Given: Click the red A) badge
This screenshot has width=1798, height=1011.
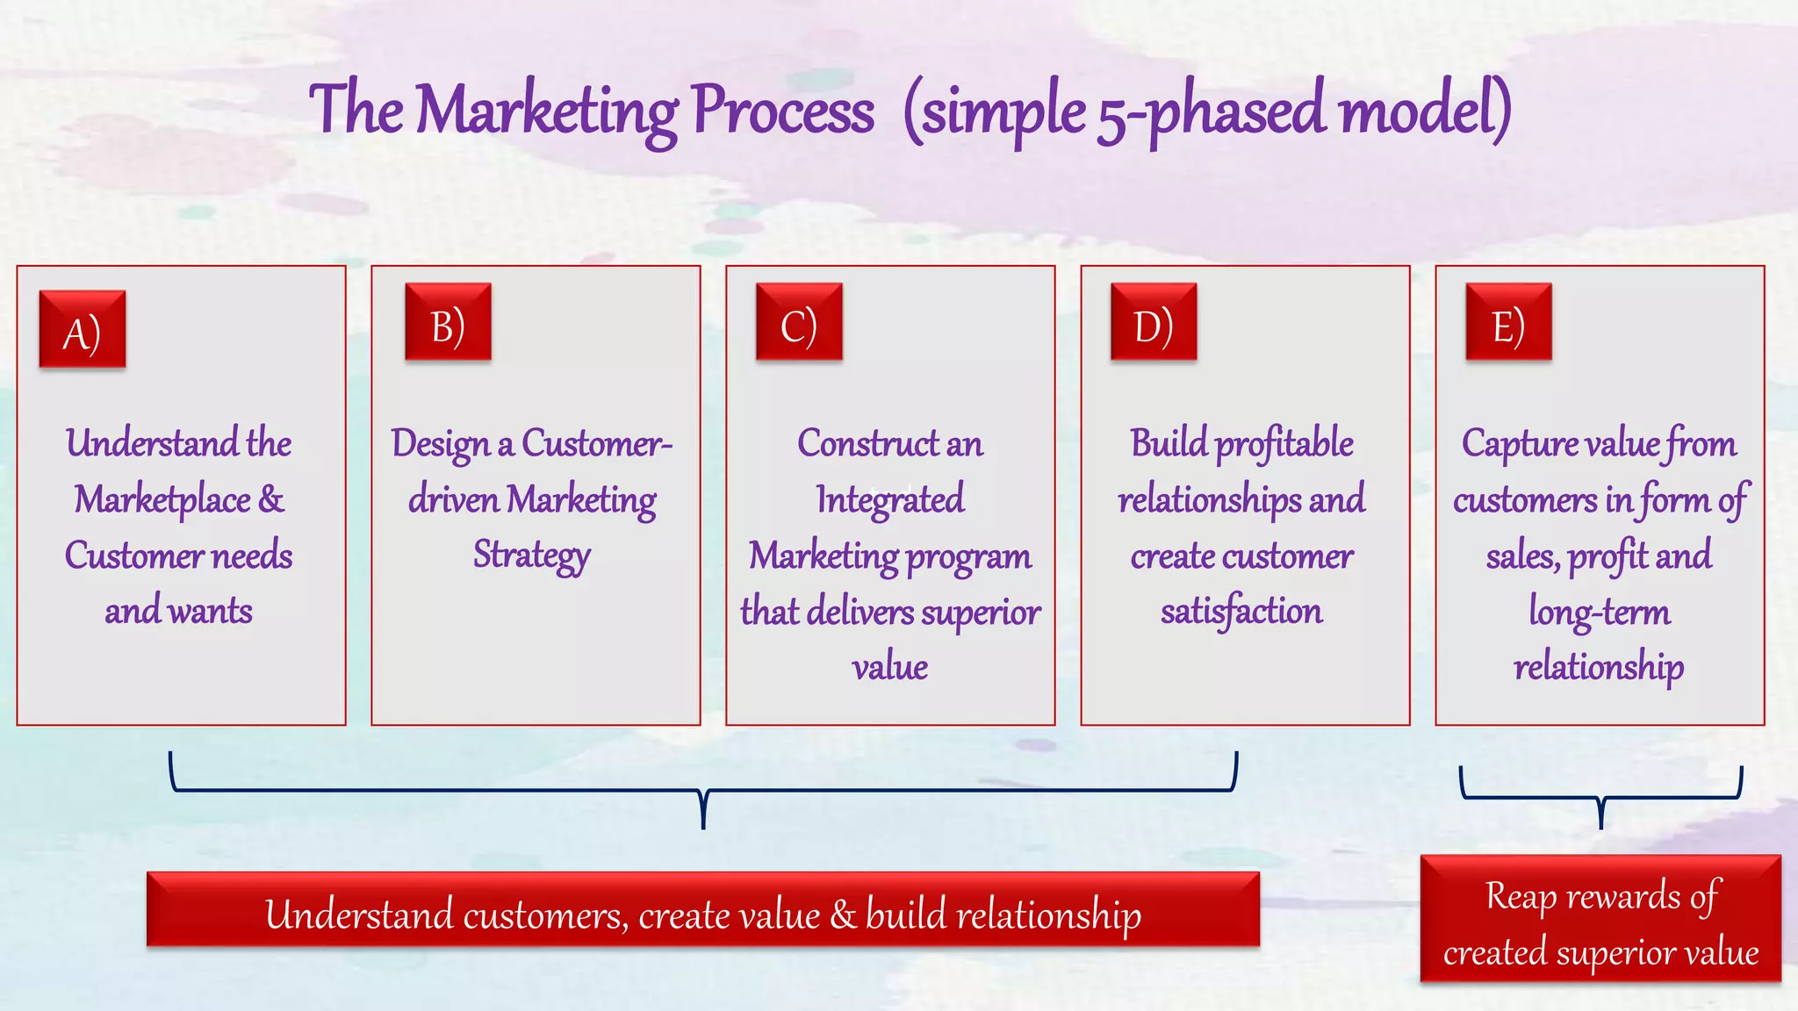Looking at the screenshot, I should [83, 329].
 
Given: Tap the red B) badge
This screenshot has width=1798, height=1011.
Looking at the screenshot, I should [448, 322].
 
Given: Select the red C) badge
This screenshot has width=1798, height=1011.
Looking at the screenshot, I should [799, 322].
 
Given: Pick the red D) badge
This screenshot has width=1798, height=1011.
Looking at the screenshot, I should [1154, 322].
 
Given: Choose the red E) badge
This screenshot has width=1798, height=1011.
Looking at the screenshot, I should [1508, 322].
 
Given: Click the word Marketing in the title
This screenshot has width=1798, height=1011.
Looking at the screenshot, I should [546, 111].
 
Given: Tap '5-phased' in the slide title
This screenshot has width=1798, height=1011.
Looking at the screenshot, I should [1212, 111].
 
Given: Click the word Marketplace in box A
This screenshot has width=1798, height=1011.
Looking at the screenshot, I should [162, 500].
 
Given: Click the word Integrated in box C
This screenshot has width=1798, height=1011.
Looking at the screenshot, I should [890, 500].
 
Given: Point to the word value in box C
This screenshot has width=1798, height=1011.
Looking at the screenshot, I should [890, 667].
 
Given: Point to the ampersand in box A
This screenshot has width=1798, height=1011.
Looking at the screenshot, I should [271, 498].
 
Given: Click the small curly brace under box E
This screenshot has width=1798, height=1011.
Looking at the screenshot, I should [1600, 797].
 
